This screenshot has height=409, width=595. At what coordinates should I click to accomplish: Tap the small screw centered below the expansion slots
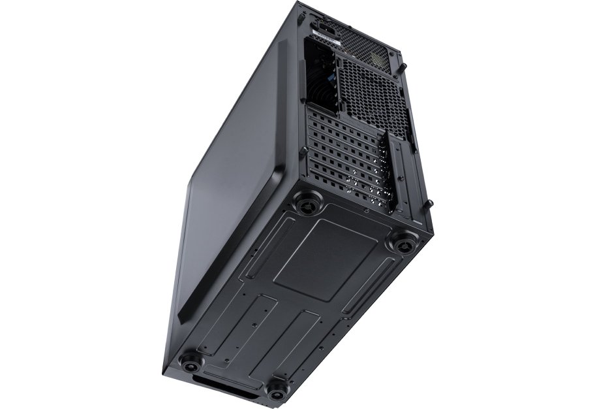point(369,212)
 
